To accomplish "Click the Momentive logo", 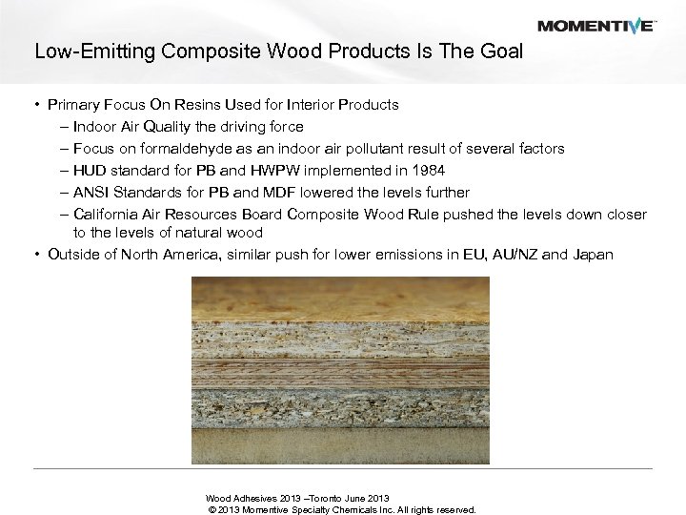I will [595, 25].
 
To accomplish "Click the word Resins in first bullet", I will [192, 104].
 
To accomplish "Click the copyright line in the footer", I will [341, 509].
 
